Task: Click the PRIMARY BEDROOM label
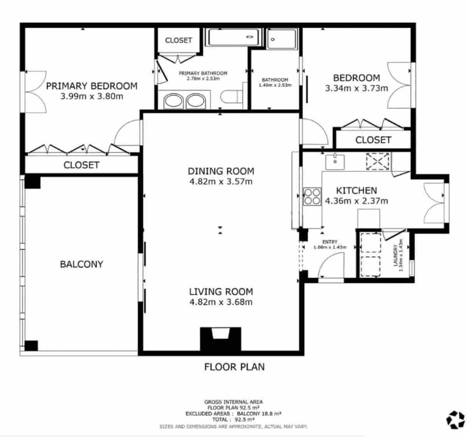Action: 91,86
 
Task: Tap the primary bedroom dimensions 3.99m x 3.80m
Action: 91,96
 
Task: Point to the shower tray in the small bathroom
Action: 282,39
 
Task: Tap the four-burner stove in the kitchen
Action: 312,196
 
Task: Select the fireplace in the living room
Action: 220,339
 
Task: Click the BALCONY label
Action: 81,264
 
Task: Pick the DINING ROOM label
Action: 221,171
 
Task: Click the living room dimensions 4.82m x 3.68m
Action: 221,302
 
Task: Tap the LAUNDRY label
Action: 396,255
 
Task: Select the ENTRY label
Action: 330,242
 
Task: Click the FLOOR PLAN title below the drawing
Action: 234,366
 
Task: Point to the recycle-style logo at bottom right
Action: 455,420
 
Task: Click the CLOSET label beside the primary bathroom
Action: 178,40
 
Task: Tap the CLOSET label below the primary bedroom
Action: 81,165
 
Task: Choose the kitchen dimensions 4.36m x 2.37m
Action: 356,201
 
